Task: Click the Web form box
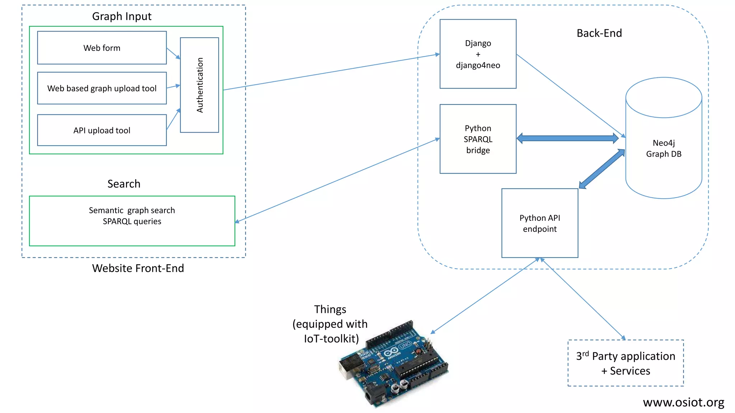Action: (x=102, y=48)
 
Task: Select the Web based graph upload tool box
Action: (x=102, y=88)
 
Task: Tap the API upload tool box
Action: (x=102, y=130)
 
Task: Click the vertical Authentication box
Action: (x=200, y=85)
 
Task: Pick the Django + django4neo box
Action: (x=478, y=54)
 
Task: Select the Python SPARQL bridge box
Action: (x=478, y=139)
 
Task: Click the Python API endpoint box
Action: (x=539, y=223)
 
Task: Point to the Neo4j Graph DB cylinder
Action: (x=664, y=148)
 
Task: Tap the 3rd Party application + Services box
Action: (x=626, y=363)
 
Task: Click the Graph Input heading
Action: (x=122, y=16)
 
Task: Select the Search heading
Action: (x=124, y=184)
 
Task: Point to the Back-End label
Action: (x=599, y=33)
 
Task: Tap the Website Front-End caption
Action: (x=138, y=268)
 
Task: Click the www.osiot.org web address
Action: (x=683, y=403)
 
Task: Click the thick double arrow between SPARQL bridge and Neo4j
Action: (x=567, y=138)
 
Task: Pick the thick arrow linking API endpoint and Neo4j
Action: (x=602, y=169)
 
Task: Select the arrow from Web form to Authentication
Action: (x=173, y=53)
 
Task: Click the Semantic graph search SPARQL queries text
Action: (x=132, y=216)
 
